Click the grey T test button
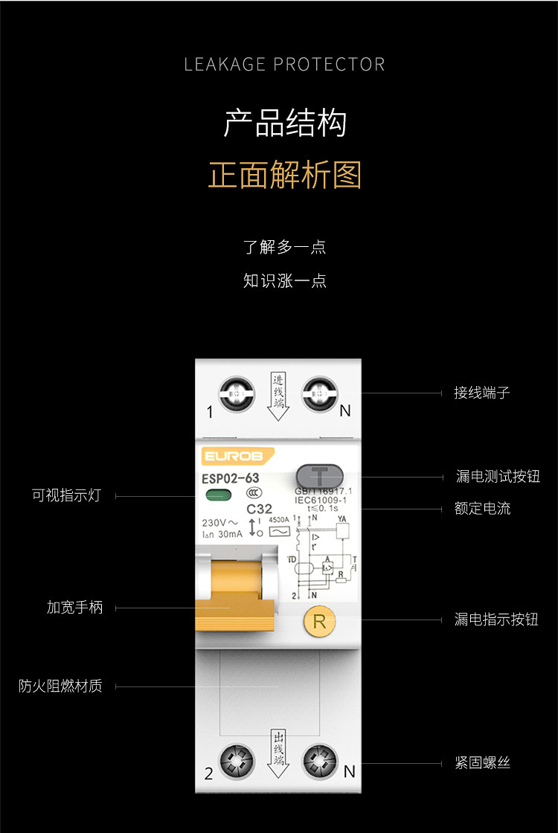pyautogui.click(x=320, y=475)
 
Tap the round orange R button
pyautogui.click(x=319, y=621)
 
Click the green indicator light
pyautogui.click(x=218, y=496)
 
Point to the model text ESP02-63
pyautogui.click(x=231, y=478)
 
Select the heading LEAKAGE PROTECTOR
pyautogui.click(x=285, y=64)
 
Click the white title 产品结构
pyautogui.click(x=285, y=123)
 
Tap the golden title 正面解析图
pyautogui.click(x=285, y=176)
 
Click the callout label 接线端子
pyautogui.click(x=482, y=393)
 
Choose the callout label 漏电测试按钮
pyautogui.click(x=498, y=477)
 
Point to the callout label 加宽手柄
pyautogui.click(x=74, y=608)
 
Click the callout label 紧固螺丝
pyautogui.click(x=482, y=763)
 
